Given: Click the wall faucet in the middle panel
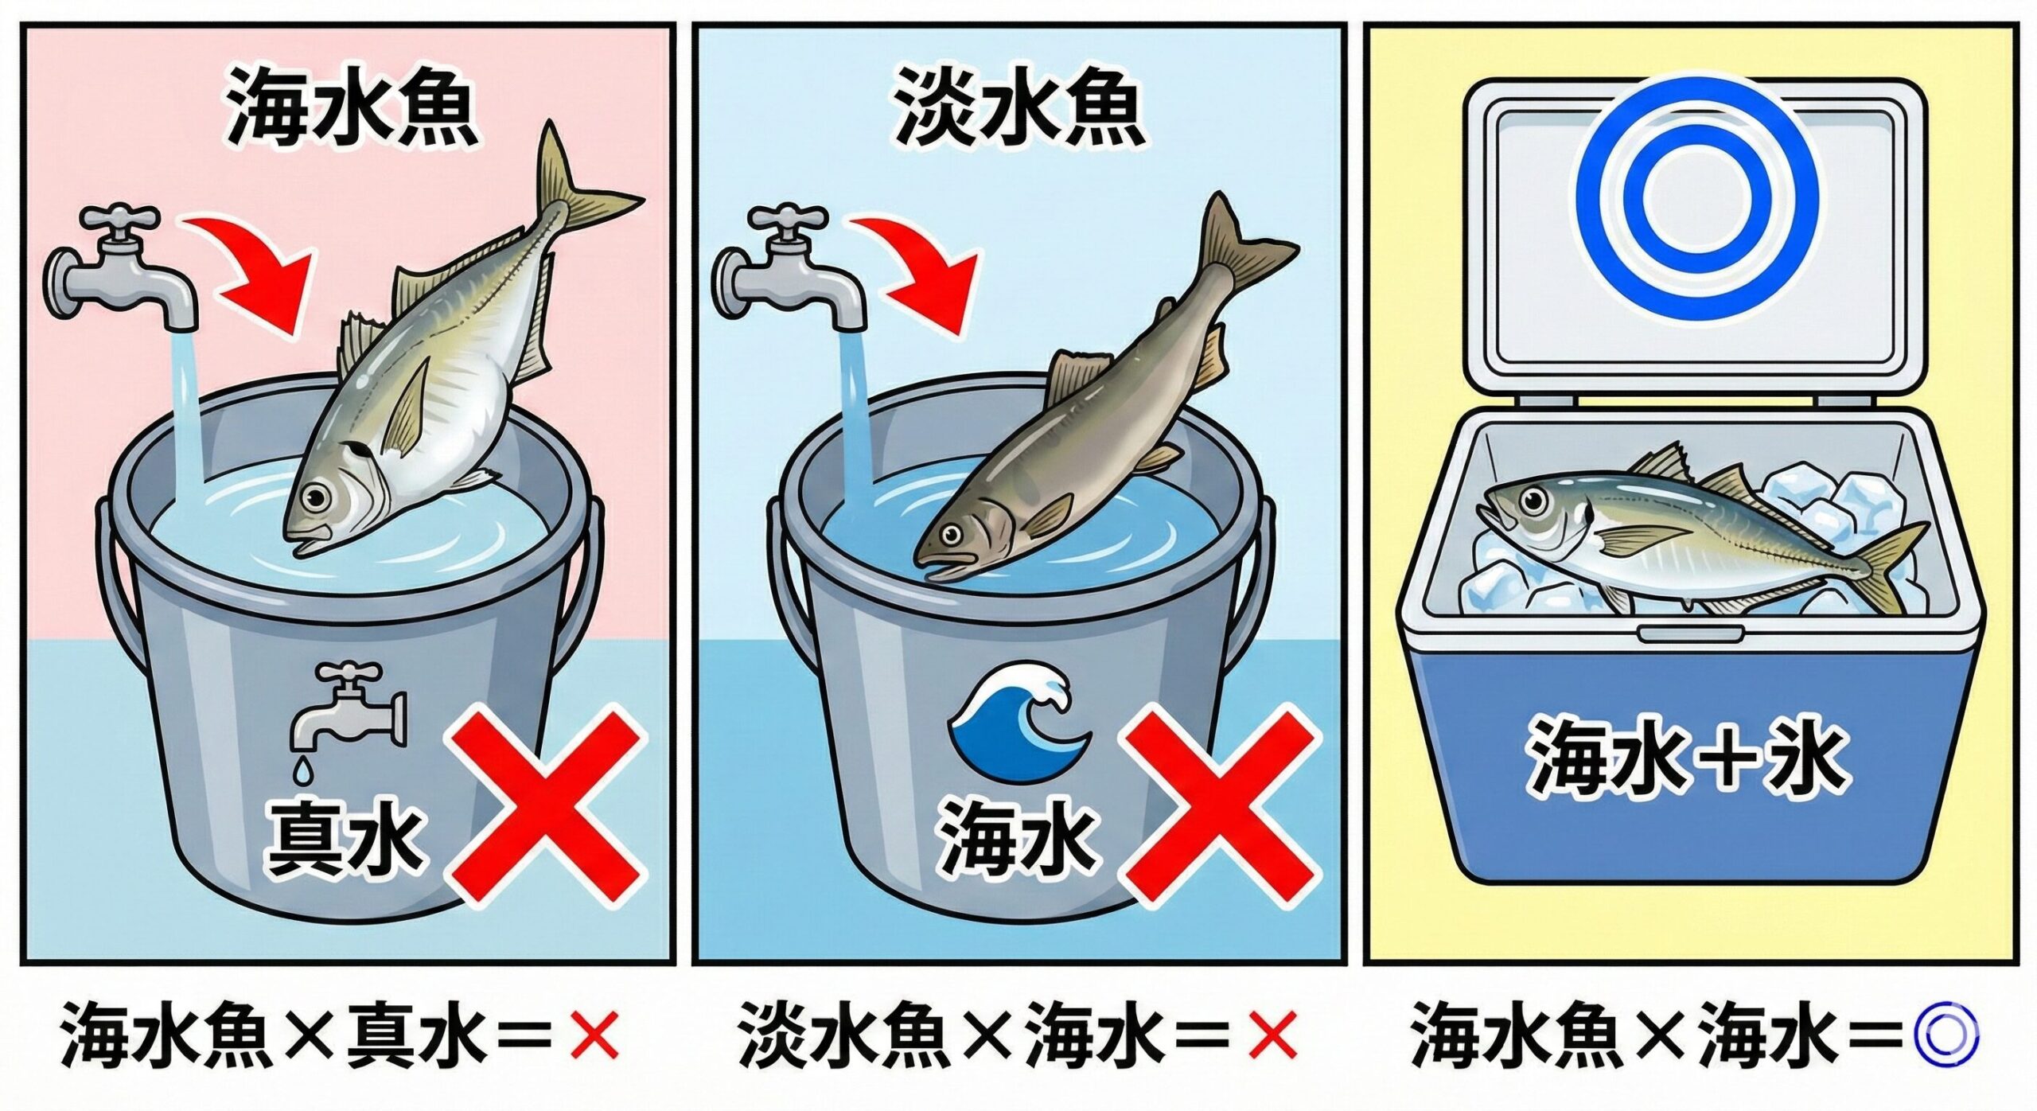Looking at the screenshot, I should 792,267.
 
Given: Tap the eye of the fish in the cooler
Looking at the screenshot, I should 1532,500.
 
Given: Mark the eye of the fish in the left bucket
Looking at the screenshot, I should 318,494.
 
